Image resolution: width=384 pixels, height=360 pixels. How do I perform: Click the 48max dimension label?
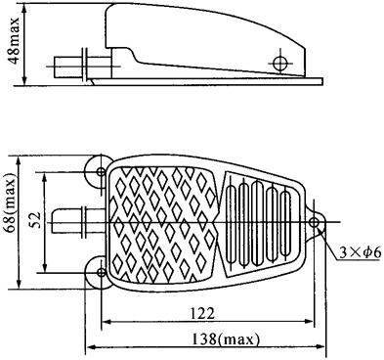[15, 40]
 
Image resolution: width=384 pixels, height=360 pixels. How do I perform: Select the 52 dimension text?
[36, 220]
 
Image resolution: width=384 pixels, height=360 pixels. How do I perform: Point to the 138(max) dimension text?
[225, 339]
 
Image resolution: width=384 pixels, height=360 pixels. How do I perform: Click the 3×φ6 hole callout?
[360, 253]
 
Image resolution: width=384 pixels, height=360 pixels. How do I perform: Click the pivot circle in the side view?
[279, 63]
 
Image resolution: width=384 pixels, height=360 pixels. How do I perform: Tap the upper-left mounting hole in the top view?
[102, 171]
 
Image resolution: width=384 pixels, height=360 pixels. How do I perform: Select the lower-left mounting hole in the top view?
[102, 272]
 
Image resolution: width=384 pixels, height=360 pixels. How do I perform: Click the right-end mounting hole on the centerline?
[314, 223]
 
